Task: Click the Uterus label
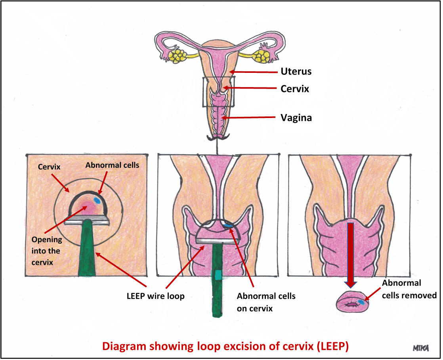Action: [296, 72]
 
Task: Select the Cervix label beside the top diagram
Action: [294, 89]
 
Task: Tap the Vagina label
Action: [296, 118]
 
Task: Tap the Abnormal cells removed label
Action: [409, 289]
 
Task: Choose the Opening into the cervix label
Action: [46, 251]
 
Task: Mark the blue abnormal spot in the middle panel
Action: [229, 226]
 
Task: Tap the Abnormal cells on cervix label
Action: [266, 302]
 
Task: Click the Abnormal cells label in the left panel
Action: [112, 165]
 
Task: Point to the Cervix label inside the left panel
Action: [49, 167]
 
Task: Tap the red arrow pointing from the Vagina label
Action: [250, 118]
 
